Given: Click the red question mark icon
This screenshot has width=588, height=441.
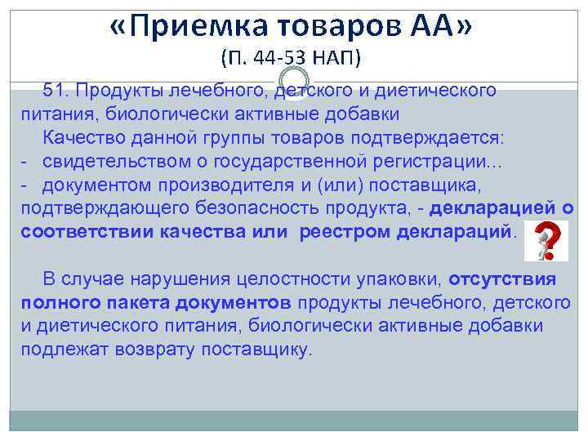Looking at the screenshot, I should pos(542,237).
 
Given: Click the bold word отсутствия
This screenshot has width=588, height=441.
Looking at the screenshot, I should pos(501,278).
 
